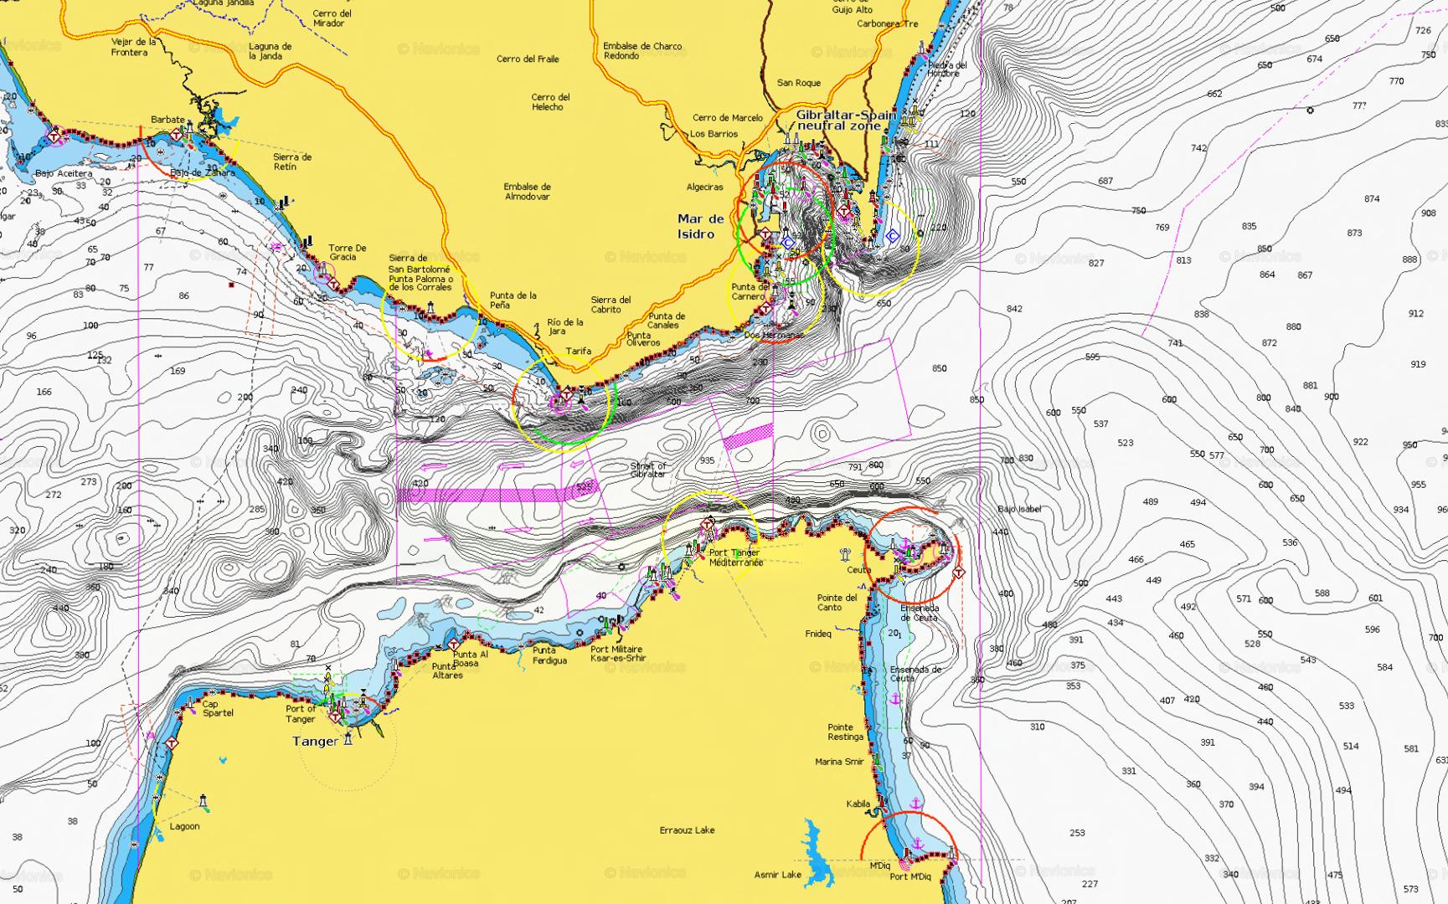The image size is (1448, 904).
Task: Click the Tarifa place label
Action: coord(578,351)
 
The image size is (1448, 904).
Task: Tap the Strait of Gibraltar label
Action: coord(647,470)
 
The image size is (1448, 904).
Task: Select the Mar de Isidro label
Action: coord(700,226)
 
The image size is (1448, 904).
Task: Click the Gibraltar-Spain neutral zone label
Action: coord(844,120)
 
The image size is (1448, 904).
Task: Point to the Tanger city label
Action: coord(315,742)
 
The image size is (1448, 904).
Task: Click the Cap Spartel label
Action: coord(218,708)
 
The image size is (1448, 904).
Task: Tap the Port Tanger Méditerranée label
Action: coord(735,557)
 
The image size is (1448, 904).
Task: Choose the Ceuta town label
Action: coord(858,570)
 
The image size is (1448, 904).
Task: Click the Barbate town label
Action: coord(167,120)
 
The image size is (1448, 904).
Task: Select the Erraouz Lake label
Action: coord(687,830)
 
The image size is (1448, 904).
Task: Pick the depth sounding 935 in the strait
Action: coord(707,460)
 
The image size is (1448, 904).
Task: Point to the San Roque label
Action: coord(798,83)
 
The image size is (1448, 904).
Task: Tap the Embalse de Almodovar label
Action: coord(527,192)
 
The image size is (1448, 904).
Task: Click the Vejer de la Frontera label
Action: coord(133,47)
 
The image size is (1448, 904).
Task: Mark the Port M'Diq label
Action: coord(910,876)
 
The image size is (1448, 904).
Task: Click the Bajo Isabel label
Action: coord(1019,509)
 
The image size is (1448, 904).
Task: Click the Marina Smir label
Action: coord(839,762)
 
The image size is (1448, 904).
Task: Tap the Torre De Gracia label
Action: coord(347,252)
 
